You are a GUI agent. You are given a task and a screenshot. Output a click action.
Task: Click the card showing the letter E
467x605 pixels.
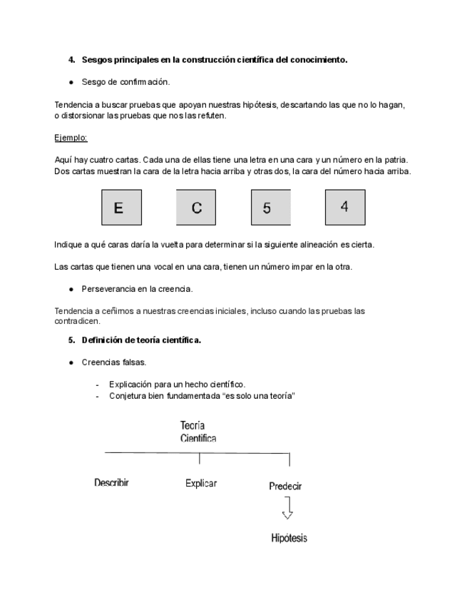[121, 208]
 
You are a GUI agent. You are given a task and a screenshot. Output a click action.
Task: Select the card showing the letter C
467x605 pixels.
[196, 208]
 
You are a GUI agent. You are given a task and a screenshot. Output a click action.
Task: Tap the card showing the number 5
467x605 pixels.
[270, 208]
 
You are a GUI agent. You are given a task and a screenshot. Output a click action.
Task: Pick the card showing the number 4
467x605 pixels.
[345, 207]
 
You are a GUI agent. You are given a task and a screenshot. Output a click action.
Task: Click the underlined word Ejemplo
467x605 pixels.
[71, 138]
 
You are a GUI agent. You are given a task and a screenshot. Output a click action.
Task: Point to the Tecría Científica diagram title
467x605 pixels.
[198, 432]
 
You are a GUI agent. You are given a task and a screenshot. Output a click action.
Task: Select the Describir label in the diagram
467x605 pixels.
[111, 483]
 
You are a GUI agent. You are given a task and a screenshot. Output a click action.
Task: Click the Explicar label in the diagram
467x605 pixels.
[200, 483]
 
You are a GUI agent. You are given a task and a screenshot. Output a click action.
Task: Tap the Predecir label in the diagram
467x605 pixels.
[285, 486]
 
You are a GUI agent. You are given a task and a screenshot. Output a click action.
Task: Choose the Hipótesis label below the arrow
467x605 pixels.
[289, 538]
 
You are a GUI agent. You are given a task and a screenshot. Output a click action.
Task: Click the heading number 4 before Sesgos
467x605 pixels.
[71, 60]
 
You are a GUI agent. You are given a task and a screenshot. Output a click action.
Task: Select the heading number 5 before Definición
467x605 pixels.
[71, 340]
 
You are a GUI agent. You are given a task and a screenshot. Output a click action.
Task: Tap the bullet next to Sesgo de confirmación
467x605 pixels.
[72, 82]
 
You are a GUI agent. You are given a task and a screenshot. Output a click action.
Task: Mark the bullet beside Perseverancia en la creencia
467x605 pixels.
[72, 289]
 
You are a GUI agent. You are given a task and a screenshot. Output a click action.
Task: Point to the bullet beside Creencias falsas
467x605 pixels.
[72, 362]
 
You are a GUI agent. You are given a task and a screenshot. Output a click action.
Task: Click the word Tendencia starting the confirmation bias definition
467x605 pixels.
[73, 104]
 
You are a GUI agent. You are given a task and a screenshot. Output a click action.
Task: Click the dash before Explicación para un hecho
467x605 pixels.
[98, 385]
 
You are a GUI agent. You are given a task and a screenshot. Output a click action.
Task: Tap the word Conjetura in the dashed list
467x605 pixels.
[127, 396]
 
